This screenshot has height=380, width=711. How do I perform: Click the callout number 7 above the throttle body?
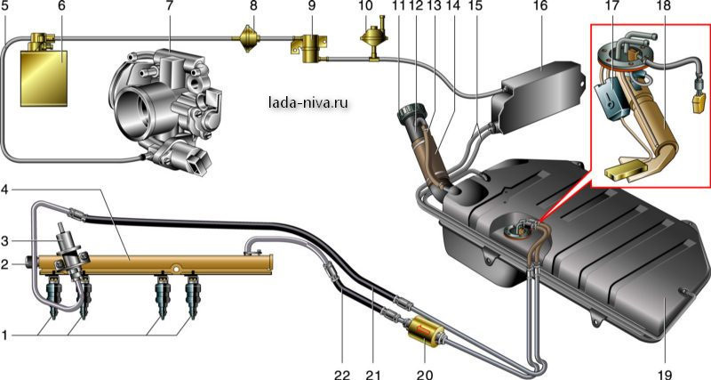click(170, 6)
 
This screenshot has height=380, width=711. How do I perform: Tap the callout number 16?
click(540, 6)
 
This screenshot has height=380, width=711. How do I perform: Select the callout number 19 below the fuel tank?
click(664, 375)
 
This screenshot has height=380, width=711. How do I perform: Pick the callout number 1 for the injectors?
click(4, 336)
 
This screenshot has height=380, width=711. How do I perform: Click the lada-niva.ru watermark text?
click(308, 103)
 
